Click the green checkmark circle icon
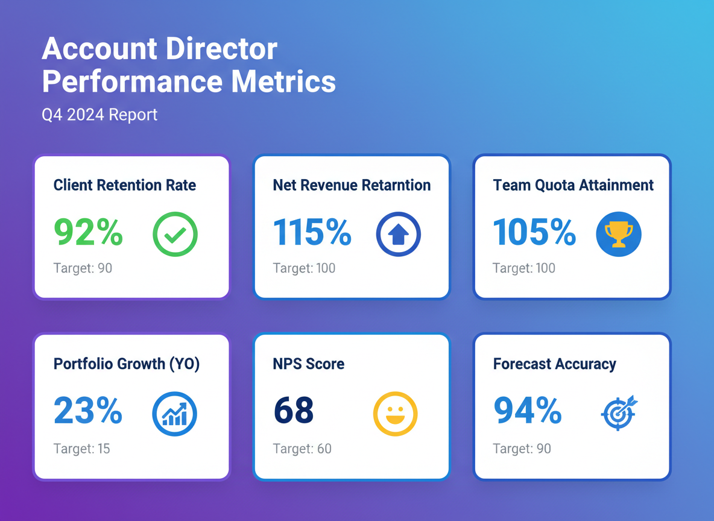175,234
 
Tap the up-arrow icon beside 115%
398,234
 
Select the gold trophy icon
618,234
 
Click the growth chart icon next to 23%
175,414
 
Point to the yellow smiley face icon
395,414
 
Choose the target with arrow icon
619,413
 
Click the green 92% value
89,233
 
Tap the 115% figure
312,233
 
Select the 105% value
534,233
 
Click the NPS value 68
294,411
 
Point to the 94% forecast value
528,411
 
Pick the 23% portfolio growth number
88,411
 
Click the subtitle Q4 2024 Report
100,115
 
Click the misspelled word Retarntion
396,185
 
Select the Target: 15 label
82,449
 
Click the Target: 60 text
302,449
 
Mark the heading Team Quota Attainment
573,185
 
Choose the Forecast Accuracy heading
554,364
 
